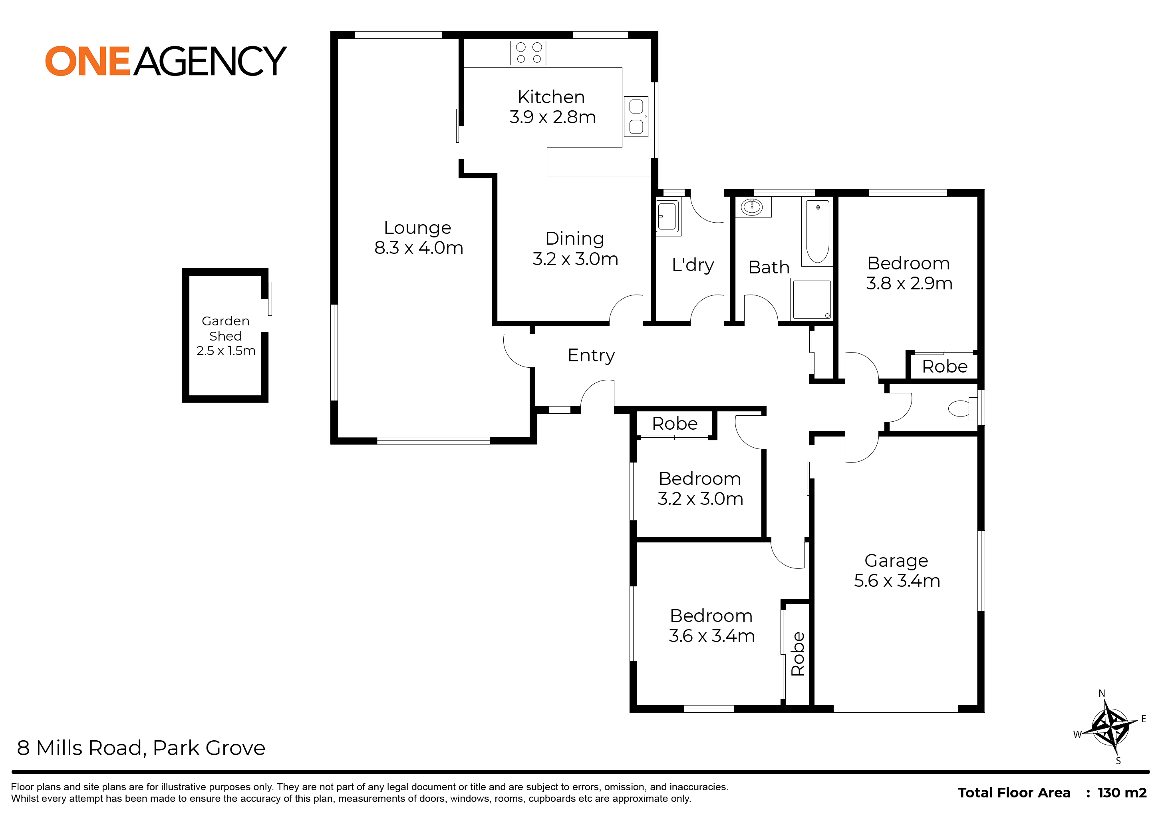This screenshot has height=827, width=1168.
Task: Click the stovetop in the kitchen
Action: (x=528, y=53)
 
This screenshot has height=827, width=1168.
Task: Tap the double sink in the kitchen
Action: (x=636, y=117)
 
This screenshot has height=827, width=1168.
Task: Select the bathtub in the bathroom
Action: (x=817, y=232)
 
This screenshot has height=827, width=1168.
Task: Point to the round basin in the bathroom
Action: (x=752, y=207)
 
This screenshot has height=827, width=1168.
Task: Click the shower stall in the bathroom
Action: (x=812, y=299)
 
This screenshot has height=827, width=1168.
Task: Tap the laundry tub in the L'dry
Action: (x=668, y=218)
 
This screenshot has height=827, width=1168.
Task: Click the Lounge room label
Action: (x=418, y=227)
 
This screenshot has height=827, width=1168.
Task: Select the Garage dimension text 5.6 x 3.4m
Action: (x=897, y=580)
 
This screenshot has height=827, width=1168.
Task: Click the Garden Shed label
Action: (x=225, y=329)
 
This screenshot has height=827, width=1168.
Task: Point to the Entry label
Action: (x=591, y=355)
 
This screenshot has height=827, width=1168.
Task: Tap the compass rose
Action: (x=1111, y=727)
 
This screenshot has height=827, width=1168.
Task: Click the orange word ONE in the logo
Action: (x=88, y=61)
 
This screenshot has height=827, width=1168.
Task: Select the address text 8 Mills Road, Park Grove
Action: (x=141, y=748)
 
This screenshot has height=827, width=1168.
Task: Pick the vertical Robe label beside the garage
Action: (x=797, y=654)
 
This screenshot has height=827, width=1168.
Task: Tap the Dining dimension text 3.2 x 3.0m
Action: (x=576, y=259)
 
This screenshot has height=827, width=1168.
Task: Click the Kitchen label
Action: (x=551, y=97)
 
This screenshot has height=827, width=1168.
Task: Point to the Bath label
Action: (x=769, y=267)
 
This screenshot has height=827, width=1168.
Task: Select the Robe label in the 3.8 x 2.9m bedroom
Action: (x=945, y=366)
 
